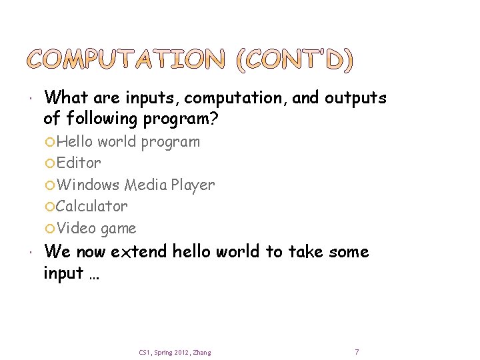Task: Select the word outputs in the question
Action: (x=355, y=98)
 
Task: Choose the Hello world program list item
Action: (x=128, y=141)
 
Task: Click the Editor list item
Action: (x=79, y=163)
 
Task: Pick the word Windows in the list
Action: (x=89, y=185)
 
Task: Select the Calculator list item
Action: (x=91, y=206)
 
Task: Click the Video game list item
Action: (x=96, y=228)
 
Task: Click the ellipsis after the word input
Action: (x=92, y=273)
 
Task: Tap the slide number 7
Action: (x=357, y=351)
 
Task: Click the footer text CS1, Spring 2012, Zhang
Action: (x=175, y=352)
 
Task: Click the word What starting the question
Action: (x=67, y=98)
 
